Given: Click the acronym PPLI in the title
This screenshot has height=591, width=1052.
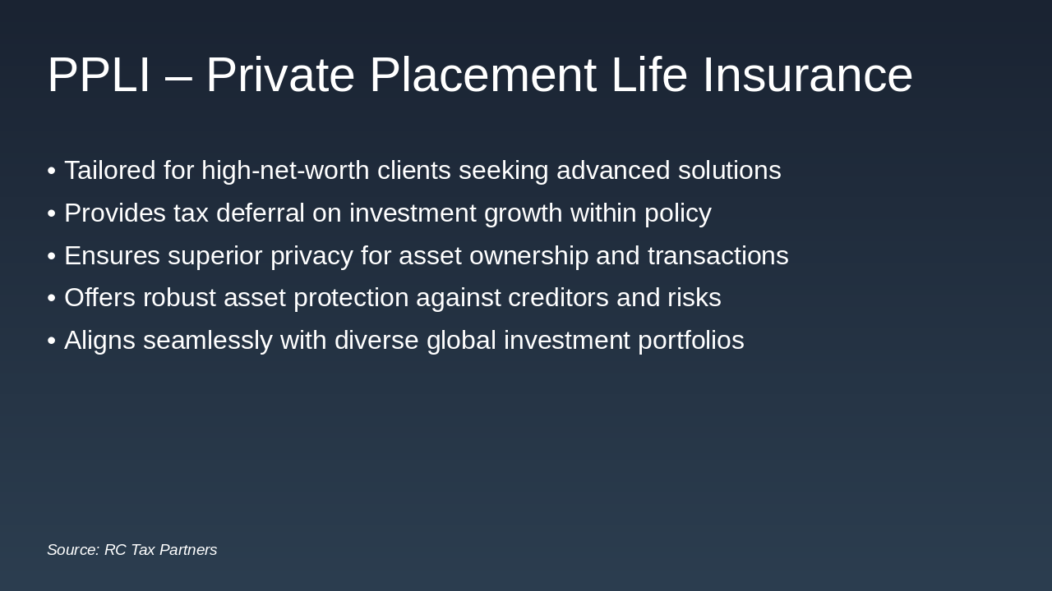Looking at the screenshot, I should pyautogui.click(x=99, y=75).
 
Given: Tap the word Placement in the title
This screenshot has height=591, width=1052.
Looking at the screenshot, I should pyautogui.click(x=482, y=75).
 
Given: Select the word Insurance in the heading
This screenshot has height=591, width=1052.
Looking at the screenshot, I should pyautogui.click(x=807, y=75).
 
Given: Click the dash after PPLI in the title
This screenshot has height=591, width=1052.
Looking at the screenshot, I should pyautogui.click(x=178, y=76).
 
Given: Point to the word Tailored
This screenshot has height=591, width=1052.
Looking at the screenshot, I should pyautogui.click(x=109, y=171).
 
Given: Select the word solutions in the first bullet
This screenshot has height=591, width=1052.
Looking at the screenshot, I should pyautogui.click(x=729, y=171).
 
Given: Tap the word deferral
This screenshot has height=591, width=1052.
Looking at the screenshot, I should pyautogui.click(x=261, y=213).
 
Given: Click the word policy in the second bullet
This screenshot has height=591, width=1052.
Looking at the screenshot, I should pyautogui.click(x=677, y=214).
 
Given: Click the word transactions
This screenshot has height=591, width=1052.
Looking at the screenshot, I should pyautogui.click(x=717, y=256).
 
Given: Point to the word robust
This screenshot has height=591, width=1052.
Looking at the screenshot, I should pyautogui.click(x=179, y=298).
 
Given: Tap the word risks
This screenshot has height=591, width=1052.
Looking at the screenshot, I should pyautogui.click(x=694, y=298).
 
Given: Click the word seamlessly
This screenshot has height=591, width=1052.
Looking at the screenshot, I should pyautogui.click(x=207, y=341).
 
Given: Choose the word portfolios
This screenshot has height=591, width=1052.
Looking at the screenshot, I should pyautogui.click(x=690, y=341).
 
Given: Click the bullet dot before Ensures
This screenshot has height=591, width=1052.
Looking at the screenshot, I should pyautogui.click(x=51, y=256).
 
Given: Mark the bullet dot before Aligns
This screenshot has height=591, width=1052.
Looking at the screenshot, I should pyautogui.click(x=51, y=341).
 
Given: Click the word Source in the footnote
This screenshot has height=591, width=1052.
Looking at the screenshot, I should pyautogui.click(x=72, y=550).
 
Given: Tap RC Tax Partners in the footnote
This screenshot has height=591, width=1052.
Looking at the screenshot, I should pyautogui.click(x=160, y=550).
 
